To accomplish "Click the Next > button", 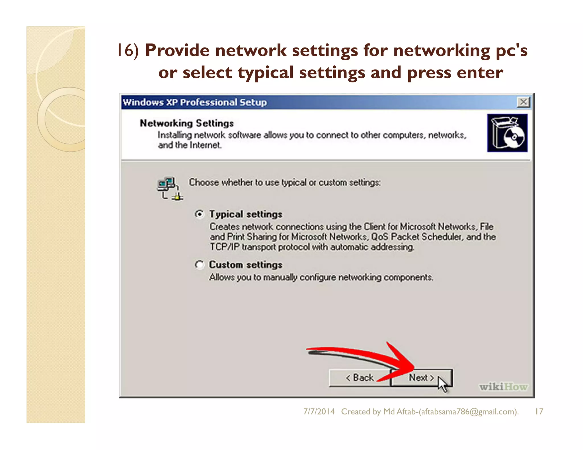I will [421, 378].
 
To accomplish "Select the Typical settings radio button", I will [200, 214].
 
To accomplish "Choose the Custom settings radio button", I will [200, 265].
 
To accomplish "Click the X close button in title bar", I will [523, 102].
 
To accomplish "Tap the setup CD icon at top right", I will [507, 133].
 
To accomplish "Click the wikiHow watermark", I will [503, 387].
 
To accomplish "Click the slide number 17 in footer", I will [539, 412].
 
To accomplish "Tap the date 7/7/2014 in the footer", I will [319, 412].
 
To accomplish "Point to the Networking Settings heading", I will [187, 123].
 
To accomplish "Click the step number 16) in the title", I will [128, 50].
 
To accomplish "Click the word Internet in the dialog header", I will [205, 145].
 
